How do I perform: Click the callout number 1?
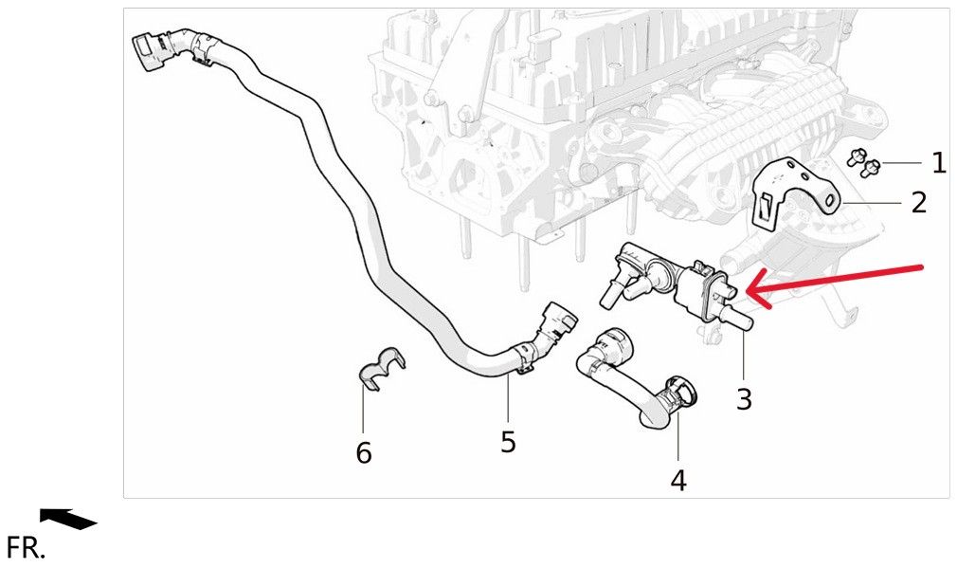pos(939,162)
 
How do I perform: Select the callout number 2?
pos(919,202)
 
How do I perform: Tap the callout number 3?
pos(744,399)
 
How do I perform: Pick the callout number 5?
pos(508,442)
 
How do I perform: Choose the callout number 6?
pos(364,453)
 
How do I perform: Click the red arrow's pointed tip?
pos(747,292)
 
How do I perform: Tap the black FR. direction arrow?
pos(68,519)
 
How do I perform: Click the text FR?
pos(26,547)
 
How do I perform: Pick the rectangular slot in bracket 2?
pos(764,208)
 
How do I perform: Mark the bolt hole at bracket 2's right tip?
pos(830,200)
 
